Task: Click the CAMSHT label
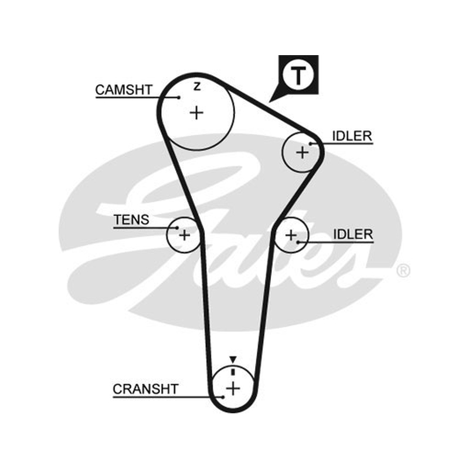[124, 90]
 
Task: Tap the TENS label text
[131, 220]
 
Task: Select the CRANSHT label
[145, 389]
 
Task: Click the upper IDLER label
[352, 137]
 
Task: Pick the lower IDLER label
[353, 234]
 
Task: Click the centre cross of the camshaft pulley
[196, 113]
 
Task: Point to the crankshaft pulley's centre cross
[233, 389]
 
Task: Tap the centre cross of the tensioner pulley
[184, 235]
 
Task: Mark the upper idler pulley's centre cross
[302, 152]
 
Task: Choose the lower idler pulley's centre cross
[291, 235]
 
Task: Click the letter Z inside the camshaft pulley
[197, 86]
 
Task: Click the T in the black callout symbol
[298, 76]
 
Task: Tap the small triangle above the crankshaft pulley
[233, 359]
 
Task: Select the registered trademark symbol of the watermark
[403, 271]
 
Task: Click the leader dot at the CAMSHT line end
[179, 97]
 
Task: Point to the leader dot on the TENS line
[178, 228]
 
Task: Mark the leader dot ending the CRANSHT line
[223, 397]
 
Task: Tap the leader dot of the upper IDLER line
[311, 144]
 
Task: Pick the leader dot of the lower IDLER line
[298, 242]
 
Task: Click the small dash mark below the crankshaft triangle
[233, 372]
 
